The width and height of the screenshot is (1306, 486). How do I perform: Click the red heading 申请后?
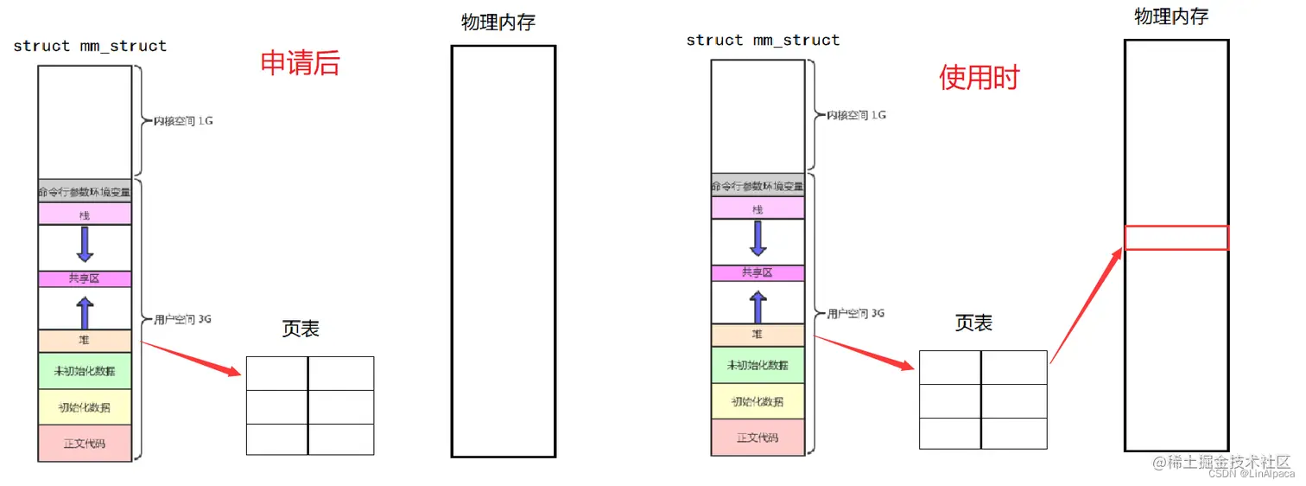(x=300, y=63)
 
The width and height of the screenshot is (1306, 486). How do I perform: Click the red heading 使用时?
(x=979, y=78)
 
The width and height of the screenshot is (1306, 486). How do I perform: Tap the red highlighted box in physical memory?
(x=1176, y=238)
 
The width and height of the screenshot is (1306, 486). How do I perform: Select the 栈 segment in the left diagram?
(x=85, y=214)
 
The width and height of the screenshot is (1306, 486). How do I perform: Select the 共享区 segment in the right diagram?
(x=758, y=273)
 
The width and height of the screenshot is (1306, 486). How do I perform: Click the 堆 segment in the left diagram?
(x=85, y=341)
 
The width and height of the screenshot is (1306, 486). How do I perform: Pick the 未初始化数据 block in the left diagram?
(x=85, y=371)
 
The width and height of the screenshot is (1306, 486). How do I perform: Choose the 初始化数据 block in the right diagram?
(x=758, y=402)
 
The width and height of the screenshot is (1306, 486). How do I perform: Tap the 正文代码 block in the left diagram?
(x=85, y=443)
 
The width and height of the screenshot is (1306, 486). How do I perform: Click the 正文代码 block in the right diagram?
(x=758, y=438)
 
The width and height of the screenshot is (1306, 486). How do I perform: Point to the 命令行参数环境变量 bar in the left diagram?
(x=85, y=191)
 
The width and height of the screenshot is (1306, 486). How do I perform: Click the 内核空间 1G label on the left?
(x=183, y=121)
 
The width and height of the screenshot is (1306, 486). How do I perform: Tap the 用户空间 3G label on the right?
(x=855, y=313)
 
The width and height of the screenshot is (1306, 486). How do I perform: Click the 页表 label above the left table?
(x=300, y=329)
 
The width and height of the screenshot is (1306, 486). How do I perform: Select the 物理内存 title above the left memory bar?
(x=498, y=22)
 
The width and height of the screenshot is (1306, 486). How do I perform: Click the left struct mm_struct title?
(x=90, y=46)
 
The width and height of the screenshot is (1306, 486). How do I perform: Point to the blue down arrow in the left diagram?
(x=85, y=244)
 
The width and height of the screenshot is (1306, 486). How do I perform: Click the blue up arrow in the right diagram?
(x=758, y=306)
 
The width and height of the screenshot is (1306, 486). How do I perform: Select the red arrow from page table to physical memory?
(x=1086, y=306)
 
